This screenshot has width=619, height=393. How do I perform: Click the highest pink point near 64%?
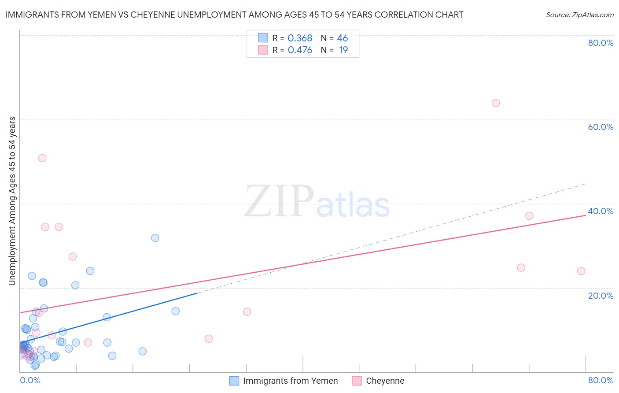[495, 103]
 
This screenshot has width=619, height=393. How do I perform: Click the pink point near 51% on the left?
[42, 158]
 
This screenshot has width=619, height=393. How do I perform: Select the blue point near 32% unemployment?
[155, 238]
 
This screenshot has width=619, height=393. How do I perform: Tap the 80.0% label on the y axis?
[601, 43]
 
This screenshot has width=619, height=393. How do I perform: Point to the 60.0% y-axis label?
[601, 127]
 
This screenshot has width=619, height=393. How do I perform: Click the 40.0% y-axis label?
[601, 211]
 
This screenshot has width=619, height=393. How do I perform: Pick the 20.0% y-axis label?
[601, 296]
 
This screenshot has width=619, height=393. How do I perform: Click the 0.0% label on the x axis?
[30, 380]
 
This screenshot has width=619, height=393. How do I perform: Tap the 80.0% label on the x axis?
[601, 380]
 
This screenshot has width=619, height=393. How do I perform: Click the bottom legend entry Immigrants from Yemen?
[290, 381]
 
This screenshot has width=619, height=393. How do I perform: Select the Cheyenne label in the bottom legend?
[385, 381]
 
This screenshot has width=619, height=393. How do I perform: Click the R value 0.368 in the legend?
[300, 38]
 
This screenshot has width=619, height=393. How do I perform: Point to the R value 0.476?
[300, 50]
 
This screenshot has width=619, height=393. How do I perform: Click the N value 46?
[342, 38]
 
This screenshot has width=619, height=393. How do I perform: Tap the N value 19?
[343, 50]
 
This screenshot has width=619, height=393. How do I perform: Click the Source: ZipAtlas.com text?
[579, 15]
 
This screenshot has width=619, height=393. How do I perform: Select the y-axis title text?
[12, 201]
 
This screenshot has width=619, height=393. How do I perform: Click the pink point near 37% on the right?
[529, 216]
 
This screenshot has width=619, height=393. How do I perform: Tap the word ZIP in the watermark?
[279, 201]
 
